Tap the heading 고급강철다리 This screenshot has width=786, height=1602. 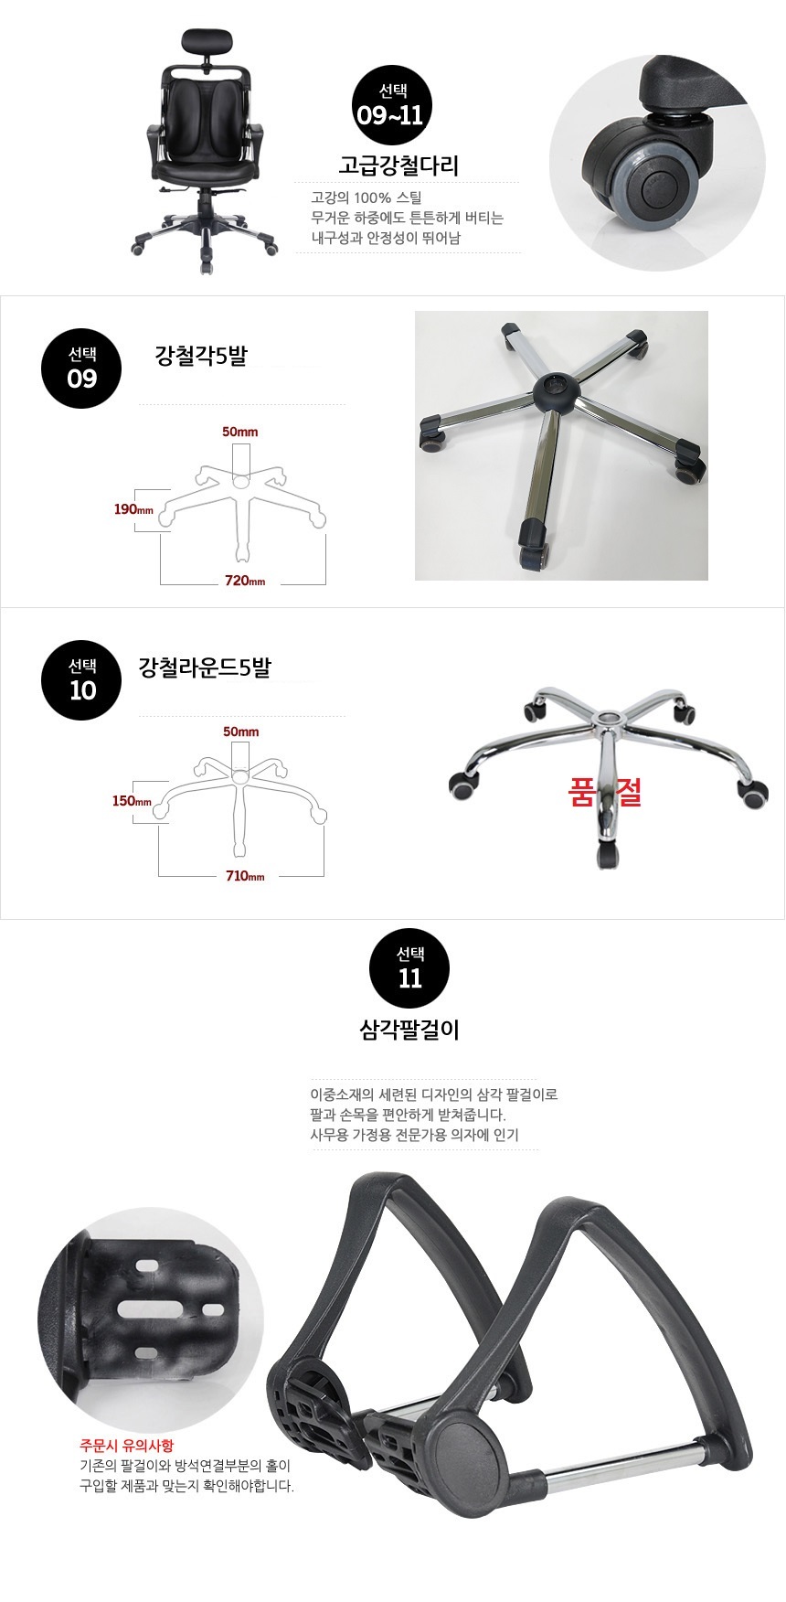(398, 166)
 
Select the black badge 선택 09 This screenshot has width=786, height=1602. (81, 368)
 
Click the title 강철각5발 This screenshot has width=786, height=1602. (201, 356)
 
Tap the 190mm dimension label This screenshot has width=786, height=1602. (133, 509)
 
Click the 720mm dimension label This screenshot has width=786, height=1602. (244, 581)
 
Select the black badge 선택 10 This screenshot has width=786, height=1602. (81, 680)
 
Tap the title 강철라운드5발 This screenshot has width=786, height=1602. (204, 667)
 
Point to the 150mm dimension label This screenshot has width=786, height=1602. (132, 801)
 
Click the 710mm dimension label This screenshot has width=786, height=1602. (245, 876)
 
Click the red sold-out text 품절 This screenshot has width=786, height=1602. (605, 792)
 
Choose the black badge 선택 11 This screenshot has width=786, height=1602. (409, 969)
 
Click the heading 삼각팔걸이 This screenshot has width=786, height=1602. (409, 1031)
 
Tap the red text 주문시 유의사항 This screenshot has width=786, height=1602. (126, 1446)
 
